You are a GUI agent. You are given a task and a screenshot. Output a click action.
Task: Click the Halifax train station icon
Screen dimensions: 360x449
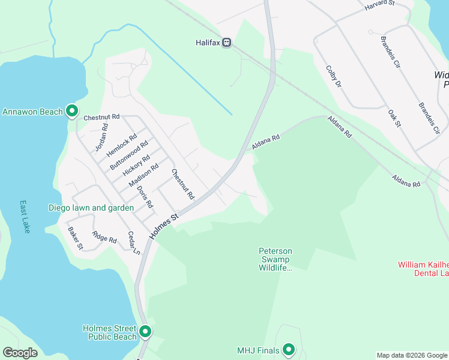[x=226, y=43]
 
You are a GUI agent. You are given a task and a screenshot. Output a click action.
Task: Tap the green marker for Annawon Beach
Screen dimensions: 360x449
[x=72, y=111]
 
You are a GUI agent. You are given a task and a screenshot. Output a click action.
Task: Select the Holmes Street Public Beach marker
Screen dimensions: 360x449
[x=145, y=331]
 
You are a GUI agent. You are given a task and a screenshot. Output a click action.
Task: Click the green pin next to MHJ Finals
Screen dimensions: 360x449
[x=289, y=349]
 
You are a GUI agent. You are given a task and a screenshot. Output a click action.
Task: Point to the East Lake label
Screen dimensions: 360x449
[x=25, y=217]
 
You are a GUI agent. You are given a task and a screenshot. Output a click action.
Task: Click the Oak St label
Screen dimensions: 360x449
[x=394, y=118]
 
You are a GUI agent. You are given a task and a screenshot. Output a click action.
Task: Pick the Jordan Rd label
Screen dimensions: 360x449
[x=101, y=137]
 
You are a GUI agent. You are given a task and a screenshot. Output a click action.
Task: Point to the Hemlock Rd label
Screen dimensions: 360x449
[x=118, y=146]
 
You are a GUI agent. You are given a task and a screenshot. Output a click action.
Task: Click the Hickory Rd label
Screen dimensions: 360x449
[x=136, y=166]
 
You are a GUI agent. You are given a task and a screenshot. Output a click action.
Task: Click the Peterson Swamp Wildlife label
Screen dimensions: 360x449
[x=276, y=259]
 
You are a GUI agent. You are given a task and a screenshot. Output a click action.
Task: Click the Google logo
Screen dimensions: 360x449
[x=20, y=353]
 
